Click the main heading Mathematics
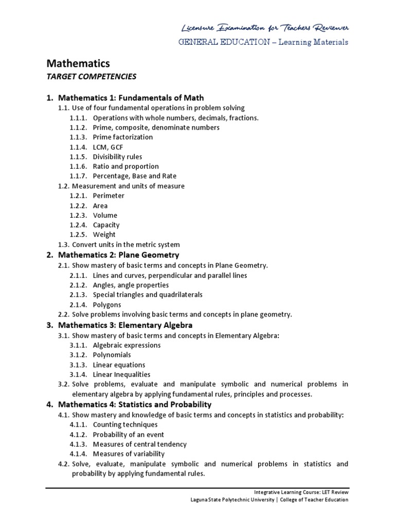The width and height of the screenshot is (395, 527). [x=79, y=63]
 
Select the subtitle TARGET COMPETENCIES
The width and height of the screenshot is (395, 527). [x=92, y=77]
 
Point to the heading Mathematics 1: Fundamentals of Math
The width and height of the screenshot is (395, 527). [x=131, y=98]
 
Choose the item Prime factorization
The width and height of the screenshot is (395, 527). [x=122, y=137]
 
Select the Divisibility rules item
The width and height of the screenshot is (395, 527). [x=117, y=157]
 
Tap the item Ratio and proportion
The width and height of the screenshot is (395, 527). [x=125, y=167]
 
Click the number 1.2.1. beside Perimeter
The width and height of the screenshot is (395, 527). [x=79, y=196]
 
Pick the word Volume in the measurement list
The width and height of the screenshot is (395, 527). [x=105, y=216]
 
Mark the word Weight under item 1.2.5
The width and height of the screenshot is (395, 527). [x=104, y=235]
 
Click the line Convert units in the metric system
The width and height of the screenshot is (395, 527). [x=125, y=245]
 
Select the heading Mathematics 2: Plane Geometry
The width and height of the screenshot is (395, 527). [x=118, y=255]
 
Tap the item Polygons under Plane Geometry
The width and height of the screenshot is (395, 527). [x=107, y=305]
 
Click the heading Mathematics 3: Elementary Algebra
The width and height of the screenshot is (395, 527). [x=125, y=325]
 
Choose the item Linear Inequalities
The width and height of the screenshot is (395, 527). [x=121, y=375]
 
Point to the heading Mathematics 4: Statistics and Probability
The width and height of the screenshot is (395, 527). [x=135, y=405]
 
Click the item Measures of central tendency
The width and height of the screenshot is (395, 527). [x=139, y=444]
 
